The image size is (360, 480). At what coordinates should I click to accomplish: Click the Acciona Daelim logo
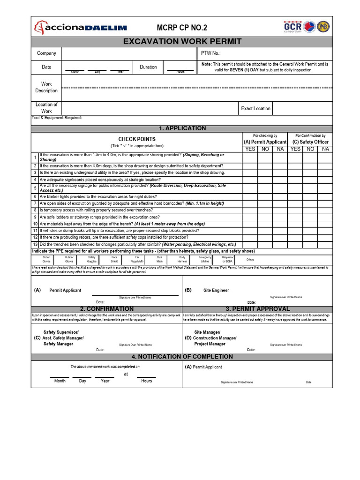point(80,28)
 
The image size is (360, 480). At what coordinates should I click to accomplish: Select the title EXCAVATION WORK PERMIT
point(182,42)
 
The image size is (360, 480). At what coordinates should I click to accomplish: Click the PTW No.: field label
point(210,53)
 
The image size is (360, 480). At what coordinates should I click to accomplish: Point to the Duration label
point(148,67)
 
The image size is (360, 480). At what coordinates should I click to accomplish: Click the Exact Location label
point(255,108)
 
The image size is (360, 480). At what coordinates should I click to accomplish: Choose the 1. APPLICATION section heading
point(182,128)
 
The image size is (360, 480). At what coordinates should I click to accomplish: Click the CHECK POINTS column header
point(137,139)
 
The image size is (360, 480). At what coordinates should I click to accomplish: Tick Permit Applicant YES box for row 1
point(250,157)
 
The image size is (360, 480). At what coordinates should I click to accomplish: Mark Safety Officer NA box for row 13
point(325,245)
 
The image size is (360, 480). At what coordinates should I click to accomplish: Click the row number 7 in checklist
point(35,203)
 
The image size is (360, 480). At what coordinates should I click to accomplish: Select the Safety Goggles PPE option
point(91,259)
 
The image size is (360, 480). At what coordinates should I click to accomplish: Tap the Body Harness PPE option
point(182,259)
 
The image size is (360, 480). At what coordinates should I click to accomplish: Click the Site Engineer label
point(216,290)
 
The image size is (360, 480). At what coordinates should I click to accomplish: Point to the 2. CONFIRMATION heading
point(106,309)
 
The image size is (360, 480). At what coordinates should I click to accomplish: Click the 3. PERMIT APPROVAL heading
point(257,309)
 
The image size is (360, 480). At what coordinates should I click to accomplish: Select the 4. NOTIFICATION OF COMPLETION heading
point(182,357)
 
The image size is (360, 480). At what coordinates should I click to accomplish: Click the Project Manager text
point(210,344)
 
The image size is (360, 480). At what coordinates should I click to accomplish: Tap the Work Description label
point(46,87)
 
